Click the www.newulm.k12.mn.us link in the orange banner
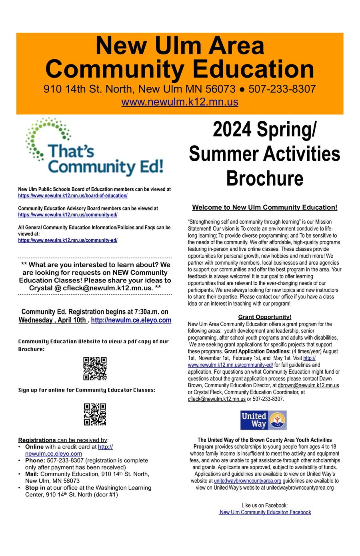(x=180, y=102)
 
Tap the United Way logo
(x=263, y=420)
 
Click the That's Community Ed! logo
(x=94, y=148)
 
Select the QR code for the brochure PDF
(x=95, y=368)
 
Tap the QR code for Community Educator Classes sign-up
(x=95, y=414)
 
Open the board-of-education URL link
(x=73, y=196)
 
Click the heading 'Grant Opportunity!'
(x=264, y=317)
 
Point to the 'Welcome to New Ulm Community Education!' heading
(x=264, y=207)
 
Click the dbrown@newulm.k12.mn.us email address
(x=308, y=385)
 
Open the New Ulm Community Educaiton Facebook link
(x=265, y=512)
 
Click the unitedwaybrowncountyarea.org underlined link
(x=247, y=481)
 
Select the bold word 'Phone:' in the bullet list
(x=35, y=460)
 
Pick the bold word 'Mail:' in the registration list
(x=32, y=474)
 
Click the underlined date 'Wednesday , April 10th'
(x=52, y=320)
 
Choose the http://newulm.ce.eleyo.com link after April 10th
(x=131, y=320)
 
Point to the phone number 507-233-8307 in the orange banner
(x=282, y=89)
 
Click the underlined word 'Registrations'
(x=37, y=440)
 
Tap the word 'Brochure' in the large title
(x=264, y=178)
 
